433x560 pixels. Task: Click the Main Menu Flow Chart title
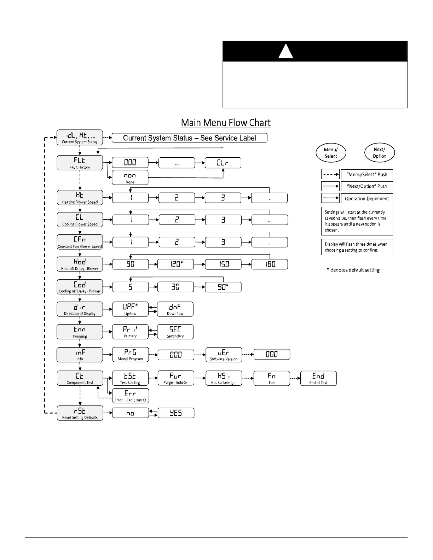(x=226, y=123)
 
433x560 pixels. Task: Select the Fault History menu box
(x=80, y=163)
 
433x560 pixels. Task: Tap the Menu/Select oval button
(x=331, y=153)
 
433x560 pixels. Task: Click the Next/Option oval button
(x=379, y=153)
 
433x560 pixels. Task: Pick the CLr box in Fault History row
(x=223, y=163)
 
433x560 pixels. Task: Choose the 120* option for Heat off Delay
(x=175, y=264)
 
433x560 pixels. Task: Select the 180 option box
(x=270, y=264)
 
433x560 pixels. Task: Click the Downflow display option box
(x=175, y=309)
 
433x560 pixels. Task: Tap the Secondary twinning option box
(x=175, y=332)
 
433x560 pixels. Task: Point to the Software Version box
(x=224, y=355)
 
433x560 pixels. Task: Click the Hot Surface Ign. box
(x=224, y=378)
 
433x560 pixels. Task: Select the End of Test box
(x=318, y=378)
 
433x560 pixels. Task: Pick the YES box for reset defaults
(x=176, y=413)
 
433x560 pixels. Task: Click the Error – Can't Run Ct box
(x=130, y=396)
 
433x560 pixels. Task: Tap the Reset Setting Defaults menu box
(x=80, y=413)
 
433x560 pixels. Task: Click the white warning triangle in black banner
(x=285, y=52)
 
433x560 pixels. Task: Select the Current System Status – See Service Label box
(x=189, y=138)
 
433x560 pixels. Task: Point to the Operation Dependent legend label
(x=367, y=198)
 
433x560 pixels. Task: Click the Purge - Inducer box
(x=176, y=378)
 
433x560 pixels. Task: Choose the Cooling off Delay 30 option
(x=175, y=287)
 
